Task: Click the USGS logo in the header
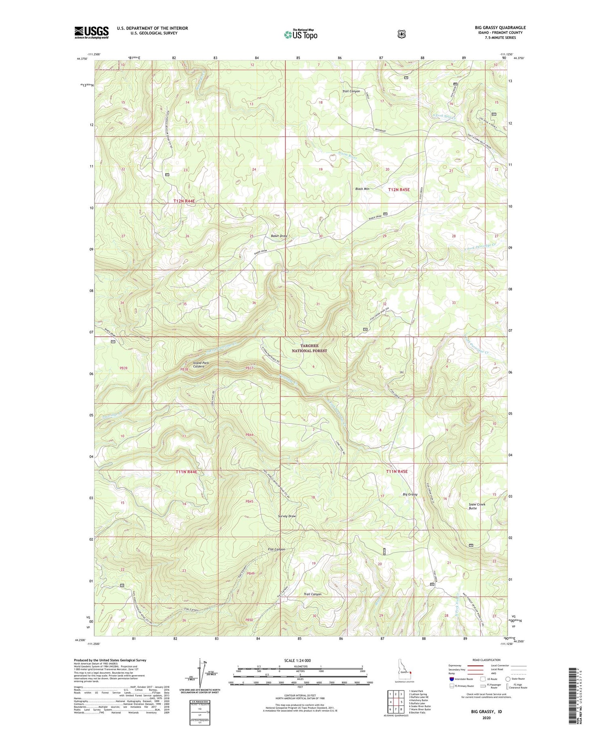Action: click(91, 32)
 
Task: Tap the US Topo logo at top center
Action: click(301, 34)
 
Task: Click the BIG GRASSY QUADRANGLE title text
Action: click(500, 28)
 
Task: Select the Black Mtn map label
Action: click(362, 189)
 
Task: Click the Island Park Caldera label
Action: click(201, 365)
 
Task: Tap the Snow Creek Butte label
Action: click(477, 506)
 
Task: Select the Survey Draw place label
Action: click(287, 516)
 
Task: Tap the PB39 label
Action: click(124, 368)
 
